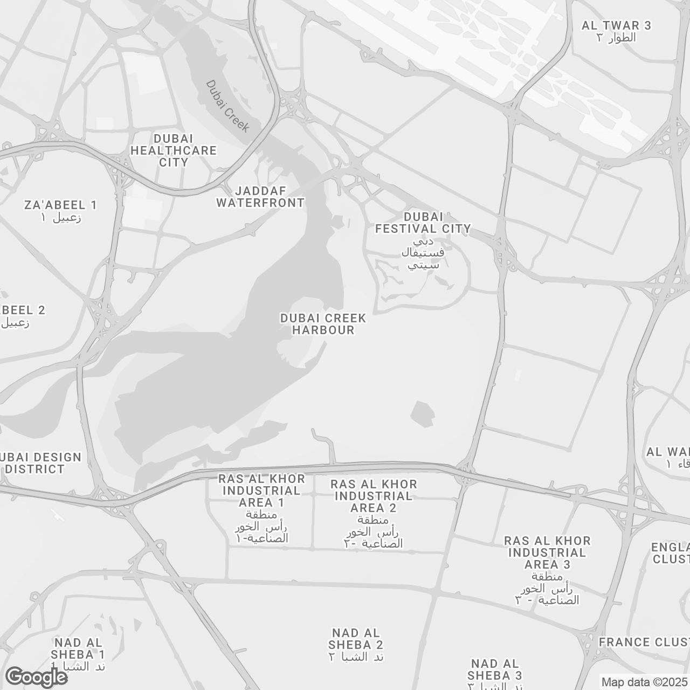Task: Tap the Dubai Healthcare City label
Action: pos(174,150)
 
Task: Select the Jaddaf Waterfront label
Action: pos(260,197)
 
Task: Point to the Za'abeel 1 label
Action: pos(61,205)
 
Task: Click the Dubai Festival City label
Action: pos(423,223)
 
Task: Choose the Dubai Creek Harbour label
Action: pos(323,324)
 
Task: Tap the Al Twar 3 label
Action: pos(616,25)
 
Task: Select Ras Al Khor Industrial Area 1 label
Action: pos(261,491)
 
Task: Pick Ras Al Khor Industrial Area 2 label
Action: pos(374,496)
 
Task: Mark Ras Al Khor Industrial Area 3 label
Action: pos(547,553)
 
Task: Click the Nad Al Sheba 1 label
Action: pos(79,648)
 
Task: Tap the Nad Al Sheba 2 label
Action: pos(356,639)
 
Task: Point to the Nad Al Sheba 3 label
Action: pos(494,670)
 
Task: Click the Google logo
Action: pos(36,677)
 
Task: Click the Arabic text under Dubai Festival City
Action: pos(423,253)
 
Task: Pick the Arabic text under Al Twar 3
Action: pos(616,38)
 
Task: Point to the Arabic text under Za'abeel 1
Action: pos(61,218)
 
